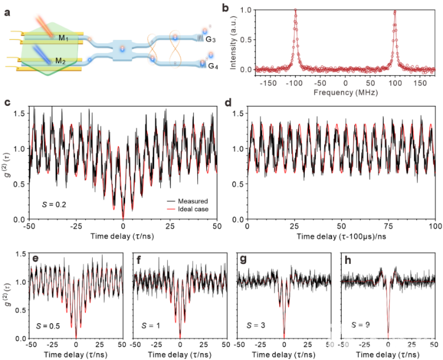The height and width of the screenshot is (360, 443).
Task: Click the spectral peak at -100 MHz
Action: coord(296,10)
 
